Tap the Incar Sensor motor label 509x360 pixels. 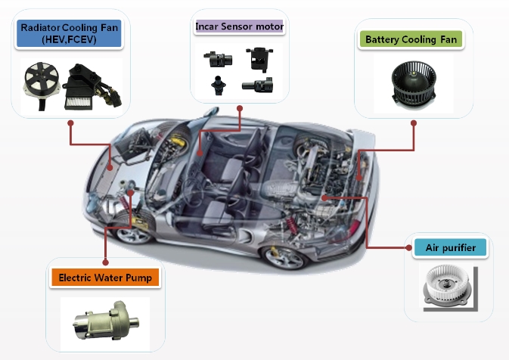point(239,27)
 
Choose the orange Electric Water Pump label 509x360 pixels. point(105,278)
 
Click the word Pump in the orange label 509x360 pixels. point(138,278)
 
